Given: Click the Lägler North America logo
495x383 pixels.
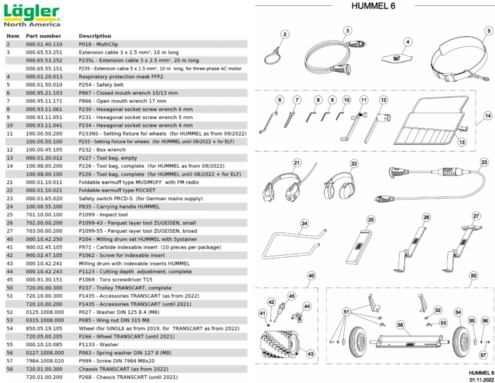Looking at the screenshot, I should [32, 15].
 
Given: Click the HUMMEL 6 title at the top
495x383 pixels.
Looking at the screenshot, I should [373, 6].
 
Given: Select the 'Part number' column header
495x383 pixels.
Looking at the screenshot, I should [43, 36].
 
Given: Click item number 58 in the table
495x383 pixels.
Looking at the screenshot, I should [9, 369].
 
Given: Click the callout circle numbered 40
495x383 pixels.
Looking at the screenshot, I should [312, 275].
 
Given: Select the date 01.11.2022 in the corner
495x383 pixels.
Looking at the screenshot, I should [481, 379].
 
